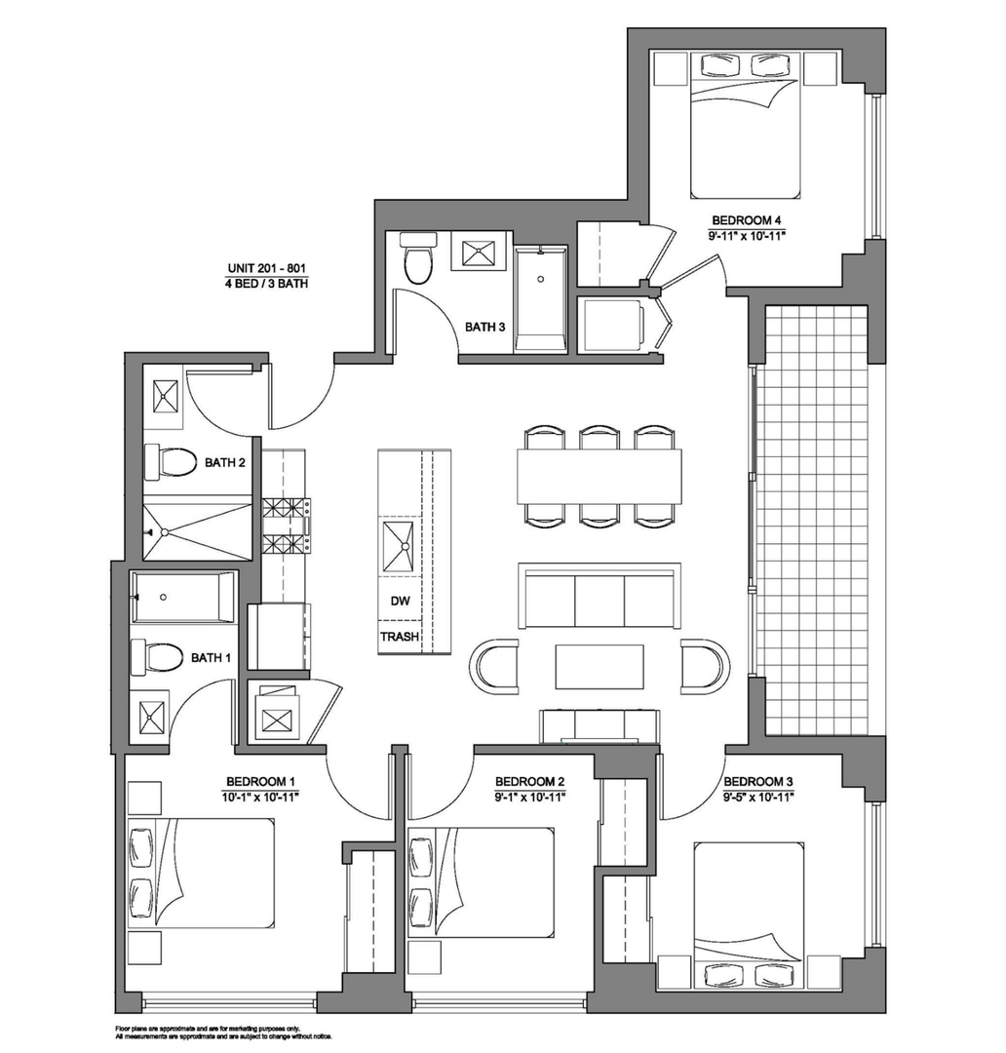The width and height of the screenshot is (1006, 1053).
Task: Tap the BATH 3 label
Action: click(484, 327)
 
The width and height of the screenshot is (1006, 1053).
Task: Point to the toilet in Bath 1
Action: click(157, 657)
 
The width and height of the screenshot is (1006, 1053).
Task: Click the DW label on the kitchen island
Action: click(401, 601)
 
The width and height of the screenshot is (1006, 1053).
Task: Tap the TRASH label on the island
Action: click(400, 636)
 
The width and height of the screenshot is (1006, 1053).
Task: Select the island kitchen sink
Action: click(398, 546)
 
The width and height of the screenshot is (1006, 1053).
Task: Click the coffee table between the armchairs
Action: click(600, 666)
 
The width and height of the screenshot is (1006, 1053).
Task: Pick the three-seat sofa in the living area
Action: click(600, 596)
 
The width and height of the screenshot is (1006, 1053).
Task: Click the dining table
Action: click(600, 476)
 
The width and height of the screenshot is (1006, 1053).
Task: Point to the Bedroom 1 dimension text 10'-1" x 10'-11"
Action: click(260, 798)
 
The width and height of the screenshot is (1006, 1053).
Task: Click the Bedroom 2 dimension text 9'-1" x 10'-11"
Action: click(530, 798)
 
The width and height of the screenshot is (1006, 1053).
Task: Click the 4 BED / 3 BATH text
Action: click(267, 284)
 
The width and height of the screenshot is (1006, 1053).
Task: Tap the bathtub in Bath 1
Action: click(183, 597)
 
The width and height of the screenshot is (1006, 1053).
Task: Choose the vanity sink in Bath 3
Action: click(479, 252)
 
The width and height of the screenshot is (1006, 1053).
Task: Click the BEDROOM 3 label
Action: click(758, 782)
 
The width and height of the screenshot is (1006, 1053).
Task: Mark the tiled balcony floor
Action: click(811, 521)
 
